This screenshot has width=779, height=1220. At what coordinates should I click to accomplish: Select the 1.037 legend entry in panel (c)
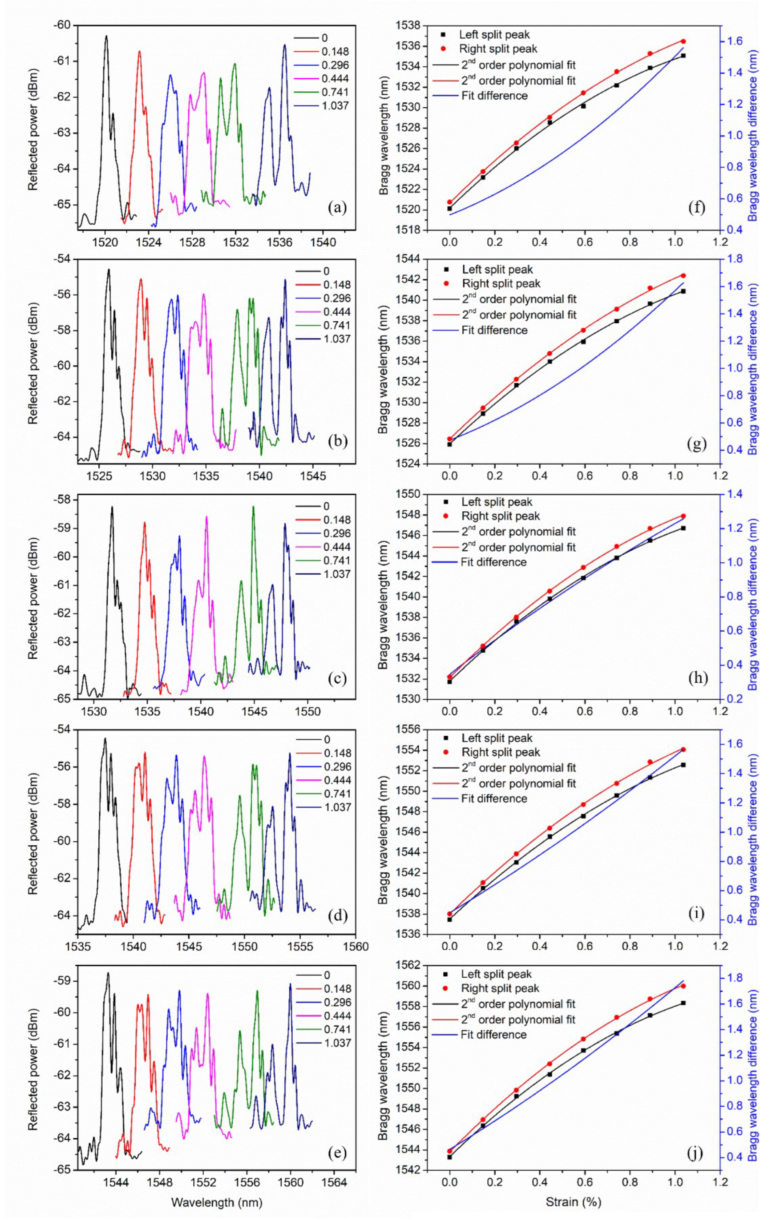[x=337, y=574]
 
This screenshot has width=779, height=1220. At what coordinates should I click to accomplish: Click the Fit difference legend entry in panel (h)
[x=493, y=562]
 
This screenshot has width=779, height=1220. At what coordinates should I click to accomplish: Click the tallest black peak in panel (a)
[x=106, y=37]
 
